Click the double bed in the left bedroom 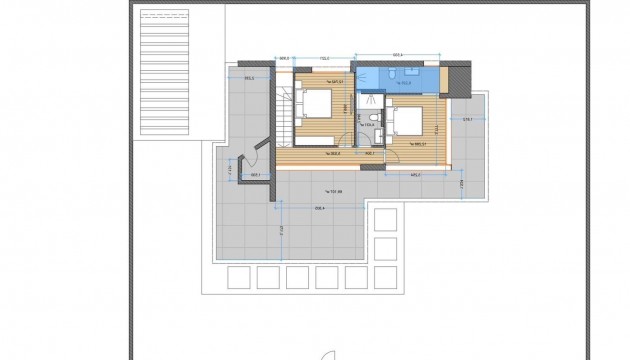tap(317, 101)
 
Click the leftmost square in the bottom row tap(238, 276)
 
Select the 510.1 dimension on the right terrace tap(466, 118)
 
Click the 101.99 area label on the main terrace tap(334, 191)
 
